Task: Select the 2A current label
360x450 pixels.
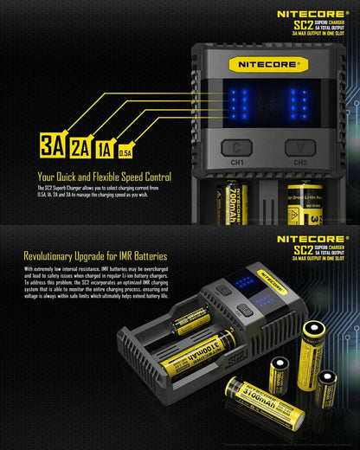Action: pos(82,146)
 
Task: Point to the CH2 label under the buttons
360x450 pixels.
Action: pos(300,162)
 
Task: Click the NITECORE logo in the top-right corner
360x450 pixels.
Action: pos(312,14)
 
